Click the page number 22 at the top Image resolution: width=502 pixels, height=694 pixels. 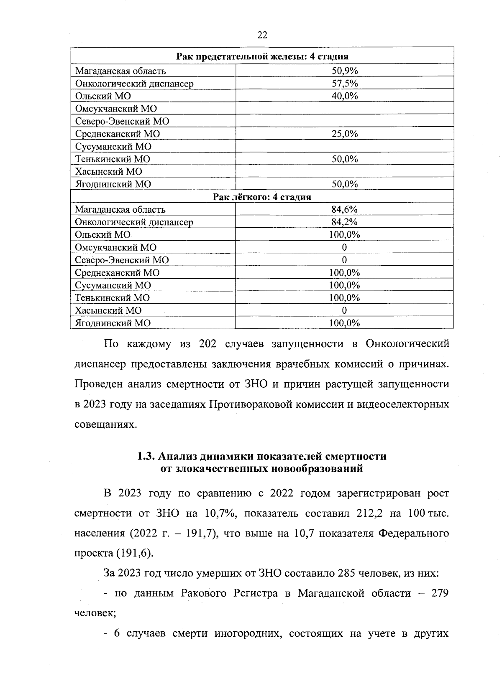click(x=262, y=35)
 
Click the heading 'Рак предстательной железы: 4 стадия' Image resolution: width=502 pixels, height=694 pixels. click(x=262, y=56)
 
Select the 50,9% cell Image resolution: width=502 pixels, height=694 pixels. click(x=345, y=71)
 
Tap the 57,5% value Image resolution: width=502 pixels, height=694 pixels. click(x=345, y=83)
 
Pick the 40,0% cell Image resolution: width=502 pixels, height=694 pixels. click(x=345, y=96)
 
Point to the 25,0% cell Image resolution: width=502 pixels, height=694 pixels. click(x=345, y=134)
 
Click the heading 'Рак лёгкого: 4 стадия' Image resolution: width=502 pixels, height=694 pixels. click(x=262, y=197)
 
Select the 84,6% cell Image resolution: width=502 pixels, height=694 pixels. click(x=344, y=209)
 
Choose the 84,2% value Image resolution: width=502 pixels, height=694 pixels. click(x=344, y=222)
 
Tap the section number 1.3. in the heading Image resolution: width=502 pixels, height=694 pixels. click(x=146, y=456)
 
